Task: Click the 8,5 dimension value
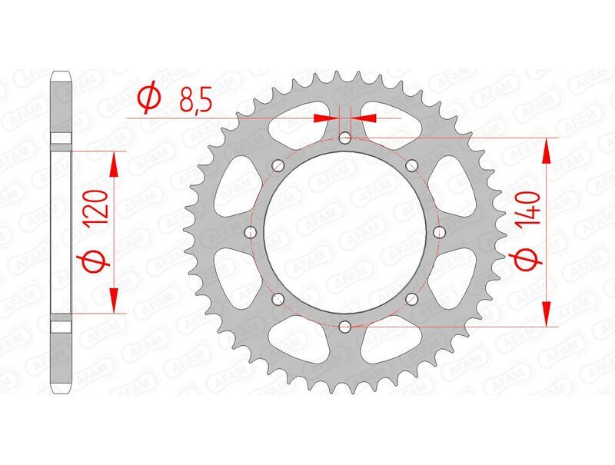pyautogui.click(x=191, y=100)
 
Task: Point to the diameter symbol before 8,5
pyautogui.click(x=148, y=98)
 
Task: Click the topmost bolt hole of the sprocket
pyautogui.click(x=344, y=138)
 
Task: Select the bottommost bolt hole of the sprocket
pyautogui.click(x=344, y=326)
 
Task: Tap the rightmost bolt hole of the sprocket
pyautogui.click(x=439, y=232)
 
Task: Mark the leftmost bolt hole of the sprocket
pyautogui.click(x=251, y=232)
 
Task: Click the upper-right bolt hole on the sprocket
pyautogui.click(x=411, y=165)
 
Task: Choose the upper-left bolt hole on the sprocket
pyautogui.click(x=278, y=165)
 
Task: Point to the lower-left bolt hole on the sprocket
pyautogui.click(x=278, y=298)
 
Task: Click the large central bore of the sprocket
pyautogui.click(x=344, y=232)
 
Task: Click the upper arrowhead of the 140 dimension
pyautogui.click(x=547, y=149)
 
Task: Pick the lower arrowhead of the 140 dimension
pyautogui.click(x=547, y=315)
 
